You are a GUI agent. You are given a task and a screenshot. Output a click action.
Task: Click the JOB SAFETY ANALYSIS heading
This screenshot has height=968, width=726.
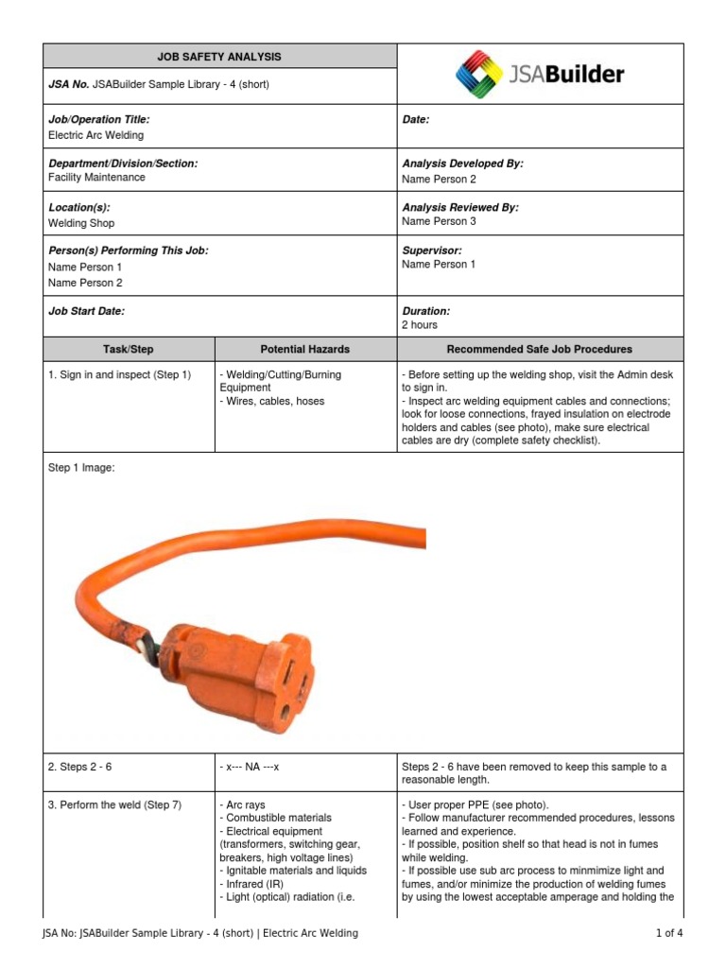click(x=218, y=57)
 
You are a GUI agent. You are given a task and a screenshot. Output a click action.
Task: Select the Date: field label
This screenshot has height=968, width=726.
click(x=416, y=120)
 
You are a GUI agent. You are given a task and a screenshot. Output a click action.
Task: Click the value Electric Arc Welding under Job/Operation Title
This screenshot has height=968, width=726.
click(x=95, y=135)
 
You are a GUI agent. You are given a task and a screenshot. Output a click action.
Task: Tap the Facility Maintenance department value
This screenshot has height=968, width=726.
click(x=96, y=178)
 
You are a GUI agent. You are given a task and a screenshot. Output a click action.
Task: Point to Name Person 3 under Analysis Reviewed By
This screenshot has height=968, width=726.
click(x=439, y=221)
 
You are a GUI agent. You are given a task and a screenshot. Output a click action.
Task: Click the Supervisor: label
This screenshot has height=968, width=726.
click(x=431, y=251)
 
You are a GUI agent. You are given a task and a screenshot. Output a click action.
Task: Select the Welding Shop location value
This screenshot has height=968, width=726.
click(x=81, y=223)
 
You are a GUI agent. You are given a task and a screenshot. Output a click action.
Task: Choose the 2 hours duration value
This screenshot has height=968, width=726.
click(x=420, y=325)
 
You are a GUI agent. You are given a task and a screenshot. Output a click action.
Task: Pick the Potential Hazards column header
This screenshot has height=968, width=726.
click(x=305, y=349)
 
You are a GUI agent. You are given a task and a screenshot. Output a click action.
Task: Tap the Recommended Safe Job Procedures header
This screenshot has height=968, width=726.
click(x=539, y=349)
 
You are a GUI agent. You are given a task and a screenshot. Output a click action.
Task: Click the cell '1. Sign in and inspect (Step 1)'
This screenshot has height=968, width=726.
click(x=119, y=375)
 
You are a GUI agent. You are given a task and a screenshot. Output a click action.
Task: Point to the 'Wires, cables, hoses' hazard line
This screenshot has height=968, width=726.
click(x=272, y=402)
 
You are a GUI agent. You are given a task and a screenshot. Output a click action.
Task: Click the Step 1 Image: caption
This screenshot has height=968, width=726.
click(x=81, y=467)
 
